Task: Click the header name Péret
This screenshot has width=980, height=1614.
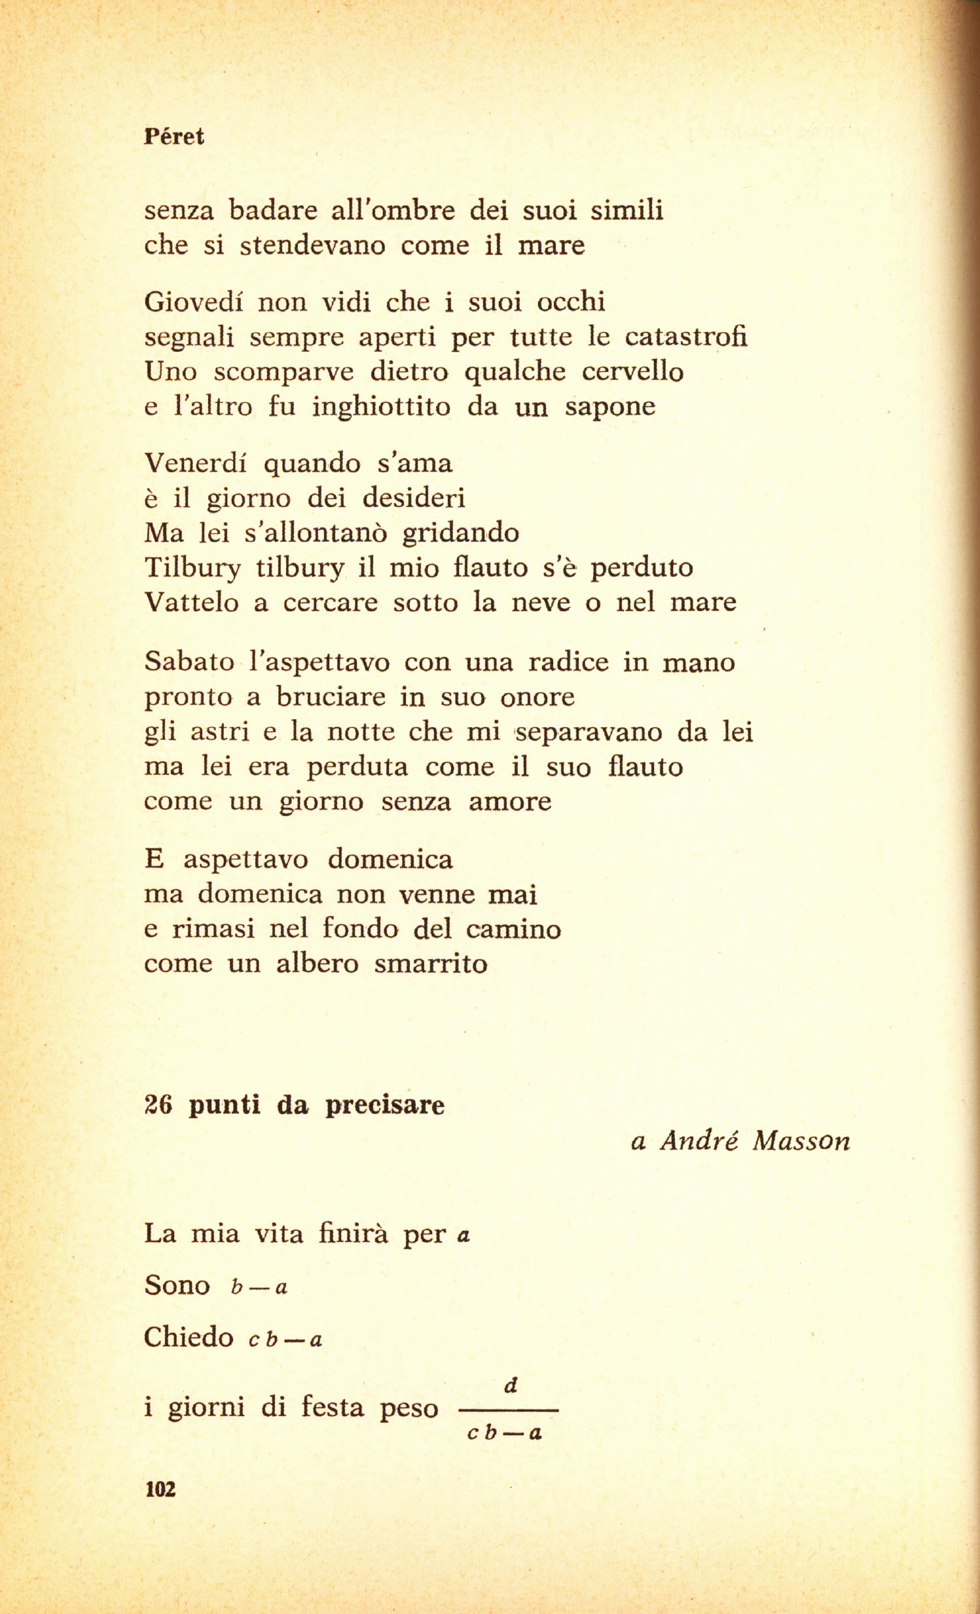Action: click(173, 136)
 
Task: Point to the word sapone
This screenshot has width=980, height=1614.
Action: click(610, 407)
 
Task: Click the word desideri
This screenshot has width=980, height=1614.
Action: click(414, 498)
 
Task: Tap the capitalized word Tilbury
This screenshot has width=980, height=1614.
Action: click(192, 568)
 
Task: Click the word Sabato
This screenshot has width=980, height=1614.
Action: click(189, 662)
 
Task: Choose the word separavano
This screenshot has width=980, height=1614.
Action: click(589, 732)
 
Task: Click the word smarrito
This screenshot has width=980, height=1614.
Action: click(431, 964)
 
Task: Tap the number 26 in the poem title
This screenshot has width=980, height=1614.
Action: click(158, 1105)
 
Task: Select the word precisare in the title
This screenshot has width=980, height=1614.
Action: click(385, 1106)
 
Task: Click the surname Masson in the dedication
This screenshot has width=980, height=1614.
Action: click(801, 1142)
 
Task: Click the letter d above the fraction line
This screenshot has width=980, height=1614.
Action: click(511, 1385)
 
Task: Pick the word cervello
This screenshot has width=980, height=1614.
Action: click(632, 371)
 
